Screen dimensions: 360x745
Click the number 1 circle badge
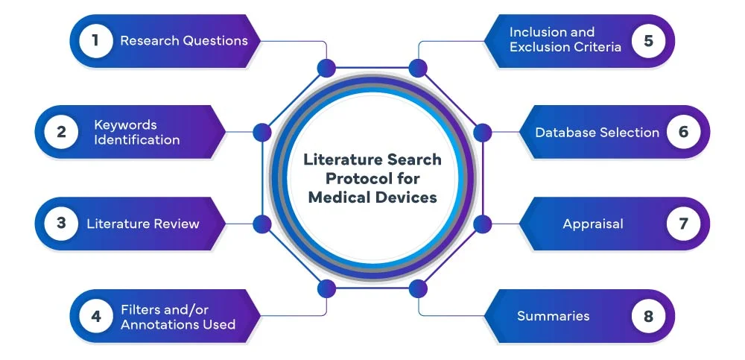tap(95, 40)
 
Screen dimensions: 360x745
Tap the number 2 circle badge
tap(61, 132)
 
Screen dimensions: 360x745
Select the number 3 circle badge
tap(61, 223)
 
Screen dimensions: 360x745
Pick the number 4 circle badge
tap(95, 316)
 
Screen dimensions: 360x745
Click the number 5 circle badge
tap(649, 40)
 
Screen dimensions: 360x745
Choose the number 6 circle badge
tap(683, 132)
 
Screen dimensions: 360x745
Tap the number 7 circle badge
tap(683, 223)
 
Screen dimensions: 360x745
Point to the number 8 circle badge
tap(649, 316)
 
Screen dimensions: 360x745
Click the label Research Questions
tap(184, 40)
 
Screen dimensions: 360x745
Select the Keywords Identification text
tap(136, 132)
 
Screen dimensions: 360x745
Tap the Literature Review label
tap(143, 224)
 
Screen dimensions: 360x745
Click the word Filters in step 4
tap(140, 309)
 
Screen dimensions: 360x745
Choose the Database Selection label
tap(597, 133)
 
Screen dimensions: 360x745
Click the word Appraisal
tap(593, 224)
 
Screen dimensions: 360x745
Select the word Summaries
tap(554, 316)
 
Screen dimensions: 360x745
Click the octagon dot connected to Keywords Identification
tap(261, 133)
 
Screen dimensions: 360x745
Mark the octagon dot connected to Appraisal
tap(483, 224)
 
